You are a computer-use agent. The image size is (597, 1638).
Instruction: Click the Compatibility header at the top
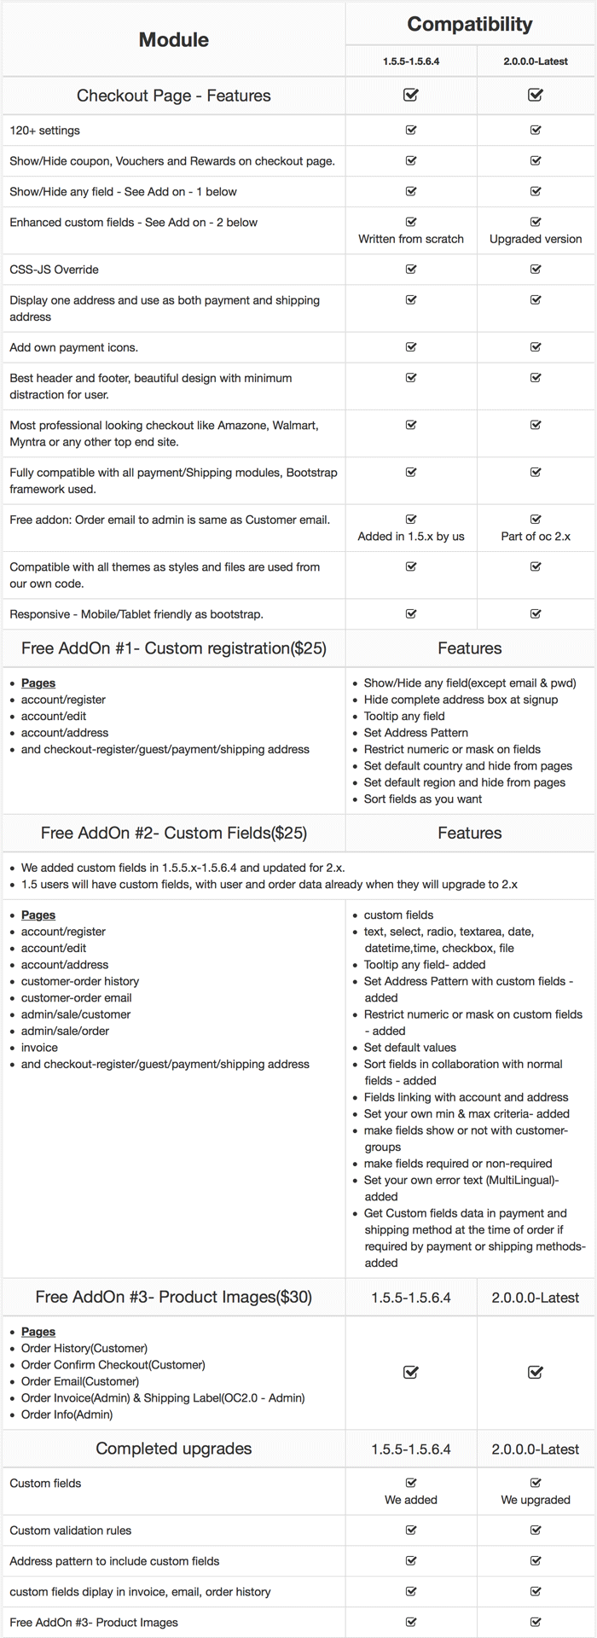(469, 25)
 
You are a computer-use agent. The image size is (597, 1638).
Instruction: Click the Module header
(173, 39)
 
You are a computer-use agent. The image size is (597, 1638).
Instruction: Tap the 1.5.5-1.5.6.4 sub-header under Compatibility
(410, 61)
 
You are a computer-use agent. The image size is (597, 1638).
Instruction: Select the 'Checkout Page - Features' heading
(173, 96)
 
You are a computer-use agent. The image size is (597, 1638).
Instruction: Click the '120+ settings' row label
(44, 131)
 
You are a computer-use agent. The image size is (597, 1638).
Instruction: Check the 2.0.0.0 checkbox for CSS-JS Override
(536, 269)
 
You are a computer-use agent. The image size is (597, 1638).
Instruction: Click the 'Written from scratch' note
(410, 239)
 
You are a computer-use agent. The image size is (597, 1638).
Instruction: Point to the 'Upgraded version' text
(536, 239)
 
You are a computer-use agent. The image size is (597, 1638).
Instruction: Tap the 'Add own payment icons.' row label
(73, 347)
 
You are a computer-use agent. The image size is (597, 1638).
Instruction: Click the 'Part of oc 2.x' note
(536, 537)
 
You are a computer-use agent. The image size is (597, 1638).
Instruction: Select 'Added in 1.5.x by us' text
(410, 537)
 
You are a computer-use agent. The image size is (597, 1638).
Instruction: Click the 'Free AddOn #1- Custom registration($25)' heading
(173, 648)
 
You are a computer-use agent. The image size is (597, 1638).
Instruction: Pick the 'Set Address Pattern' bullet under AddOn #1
(415, 733)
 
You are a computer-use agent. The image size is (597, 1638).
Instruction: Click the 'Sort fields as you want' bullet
(422, 799)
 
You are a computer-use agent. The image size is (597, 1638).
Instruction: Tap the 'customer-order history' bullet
(79, 981)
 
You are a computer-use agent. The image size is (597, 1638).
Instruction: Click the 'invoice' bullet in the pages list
(39, 1048)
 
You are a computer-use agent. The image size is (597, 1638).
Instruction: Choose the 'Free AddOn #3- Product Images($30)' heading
(173, 1298)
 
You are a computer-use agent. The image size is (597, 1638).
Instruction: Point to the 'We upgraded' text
(536, 1500)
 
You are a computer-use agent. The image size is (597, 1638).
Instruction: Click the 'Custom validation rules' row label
(70, 1531)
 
